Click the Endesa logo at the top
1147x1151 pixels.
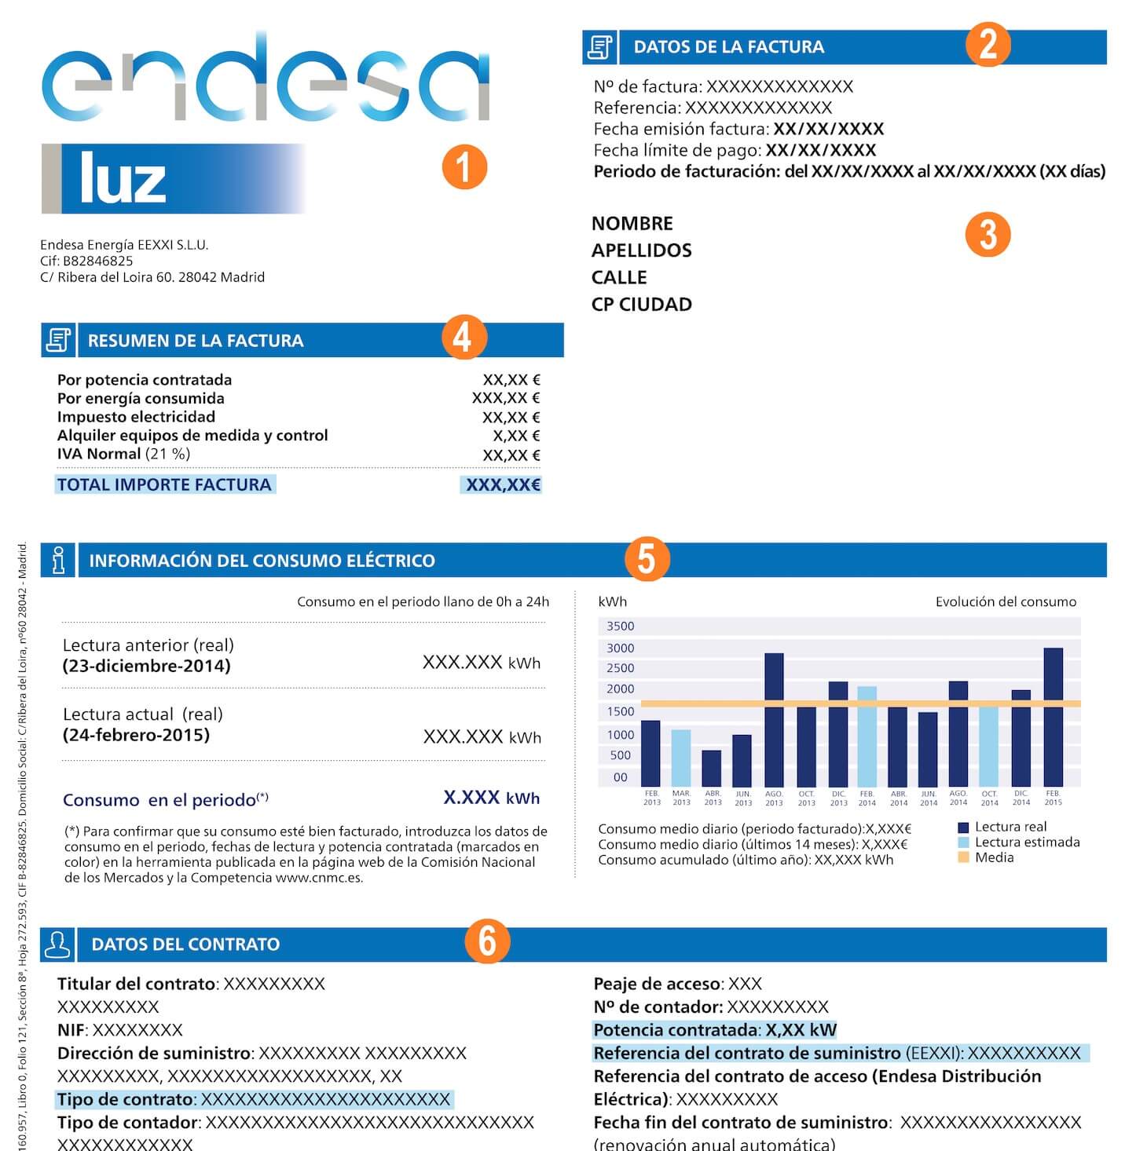point(266,79)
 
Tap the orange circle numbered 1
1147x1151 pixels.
point(464,167)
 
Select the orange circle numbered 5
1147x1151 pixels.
point(646,559)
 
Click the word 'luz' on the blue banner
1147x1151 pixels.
point(123,179)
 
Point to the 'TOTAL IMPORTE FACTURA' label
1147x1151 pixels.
point(164,484)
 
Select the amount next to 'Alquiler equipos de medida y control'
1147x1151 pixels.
point(516,436)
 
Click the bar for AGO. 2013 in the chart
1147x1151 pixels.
point(774,719)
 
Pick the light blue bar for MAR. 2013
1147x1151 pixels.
point(681,758)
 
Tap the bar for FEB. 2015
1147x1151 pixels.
point(1053,716)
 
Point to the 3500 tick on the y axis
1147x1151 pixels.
point(620,626)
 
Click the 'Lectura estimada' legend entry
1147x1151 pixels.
point(1026,842)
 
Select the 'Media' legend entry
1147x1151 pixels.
point(993,857)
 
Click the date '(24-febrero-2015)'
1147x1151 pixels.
point(136,735)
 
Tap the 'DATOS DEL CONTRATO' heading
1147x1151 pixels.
point(185,944)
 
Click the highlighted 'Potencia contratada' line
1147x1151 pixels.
point(714,1029)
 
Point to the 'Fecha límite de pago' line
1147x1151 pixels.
point(734,150)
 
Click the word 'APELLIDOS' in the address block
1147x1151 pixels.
point(641,250)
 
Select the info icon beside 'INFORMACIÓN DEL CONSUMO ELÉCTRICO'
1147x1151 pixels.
point(58,560)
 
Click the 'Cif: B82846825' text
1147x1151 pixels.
point(86,261)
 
